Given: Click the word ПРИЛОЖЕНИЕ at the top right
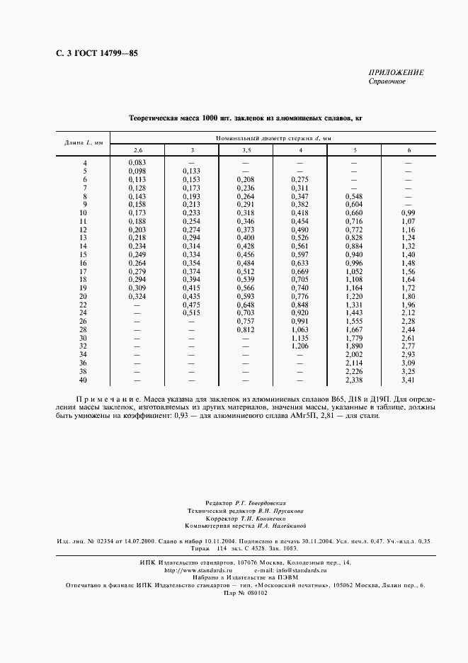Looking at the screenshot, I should coord(396,73).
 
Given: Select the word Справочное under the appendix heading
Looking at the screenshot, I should coord(387,81).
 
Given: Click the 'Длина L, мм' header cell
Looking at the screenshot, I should coord(84,143).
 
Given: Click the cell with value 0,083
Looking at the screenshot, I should coord(137,164).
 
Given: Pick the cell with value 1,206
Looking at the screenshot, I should coord(300,346).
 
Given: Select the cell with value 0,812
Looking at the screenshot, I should coord(246,329).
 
